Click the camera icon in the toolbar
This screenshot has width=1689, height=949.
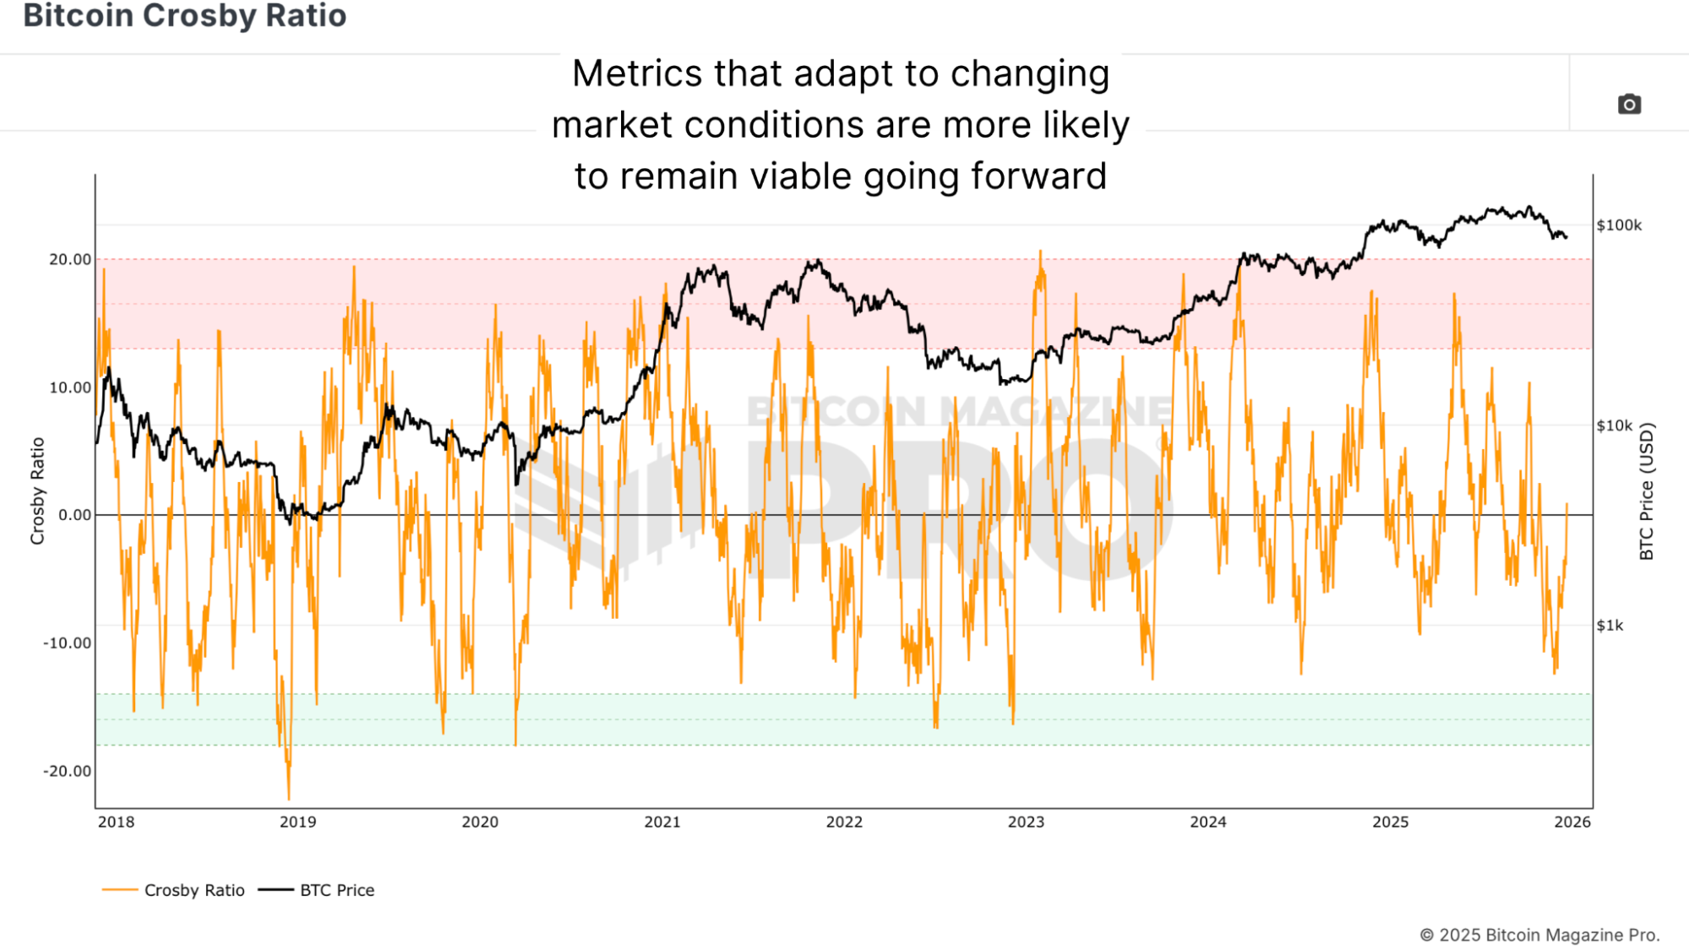(1629, 104)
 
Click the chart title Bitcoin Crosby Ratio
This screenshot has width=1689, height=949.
(184, 15)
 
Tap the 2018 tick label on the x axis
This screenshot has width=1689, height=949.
(116, 822)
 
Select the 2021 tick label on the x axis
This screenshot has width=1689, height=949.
(662, 822)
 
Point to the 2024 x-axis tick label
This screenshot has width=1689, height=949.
(1208, 822)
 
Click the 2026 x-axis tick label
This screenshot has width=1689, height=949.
(1572, 822)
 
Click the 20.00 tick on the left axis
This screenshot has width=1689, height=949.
(70, 259)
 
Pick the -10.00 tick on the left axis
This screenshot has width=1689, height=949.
(68, 643)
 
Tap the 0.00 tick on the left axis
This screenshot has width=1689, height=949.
(74, 515)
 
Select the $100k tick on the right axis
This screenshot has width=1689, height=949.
(1619, 225)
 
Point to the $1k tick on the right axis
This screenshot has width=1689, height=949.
(1610, 626)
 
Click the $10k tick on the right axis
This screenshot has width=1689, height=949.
(1615, 426)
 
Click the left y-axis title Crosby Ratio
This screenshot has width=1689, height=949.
(37, 491)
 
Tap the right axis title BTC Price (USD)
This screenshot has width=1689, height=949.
(1646, 491)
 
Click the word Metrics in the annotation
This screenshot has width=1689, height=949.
(637, 73)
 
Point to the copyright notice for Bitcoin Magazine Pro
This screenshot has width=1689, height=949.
(1539, 935)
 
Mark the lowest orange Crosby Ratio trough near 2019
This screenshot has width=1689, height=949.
(289, 798)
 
